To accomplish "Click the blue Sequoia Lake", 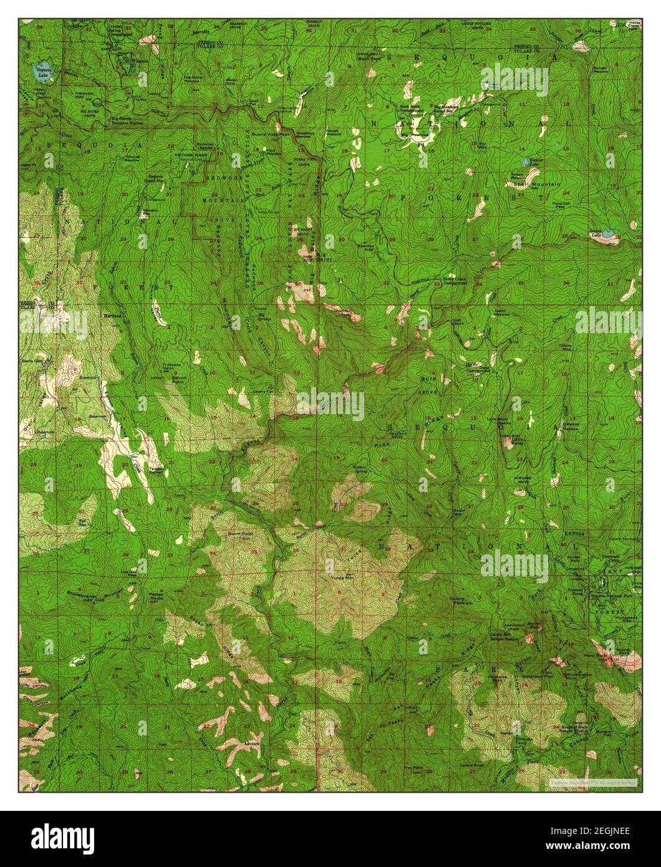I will coord(43,70).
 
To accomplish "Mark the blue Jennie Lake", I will coord(606,235).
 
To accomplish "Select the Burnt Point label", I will coord(240,534).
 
